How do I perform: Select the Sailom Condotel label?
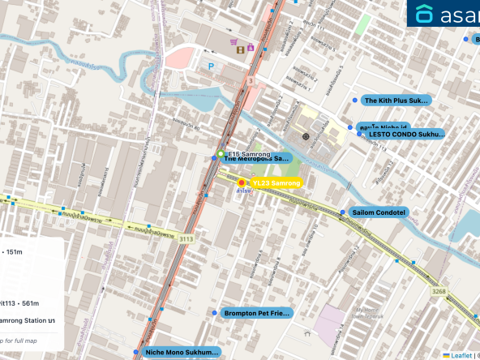tap(379, 212)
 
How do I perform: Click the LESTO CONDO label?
tap(406, 134)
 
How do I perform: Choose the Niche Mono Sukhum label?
tap(182, 353)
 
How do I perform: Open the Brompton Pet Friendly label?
tap(255, 313)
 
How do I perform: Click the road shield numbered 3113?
tap(186, 239)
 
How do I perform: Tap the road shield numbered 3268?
tap(439, 290)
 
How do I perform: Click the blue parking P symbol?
tap(211, 65)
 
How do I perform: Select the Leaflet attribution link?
tap(461, 355)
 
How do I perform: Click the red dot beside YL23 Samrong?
tap(242, 184)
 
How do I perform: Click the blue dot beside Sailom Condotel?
tap(345, 212)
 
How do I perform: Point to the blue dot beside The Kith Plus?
tap(353, 101)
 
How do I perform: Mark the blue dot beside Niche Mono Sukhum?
tap(136, 353)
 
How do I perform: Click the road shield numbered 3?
tap(251, 81)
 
